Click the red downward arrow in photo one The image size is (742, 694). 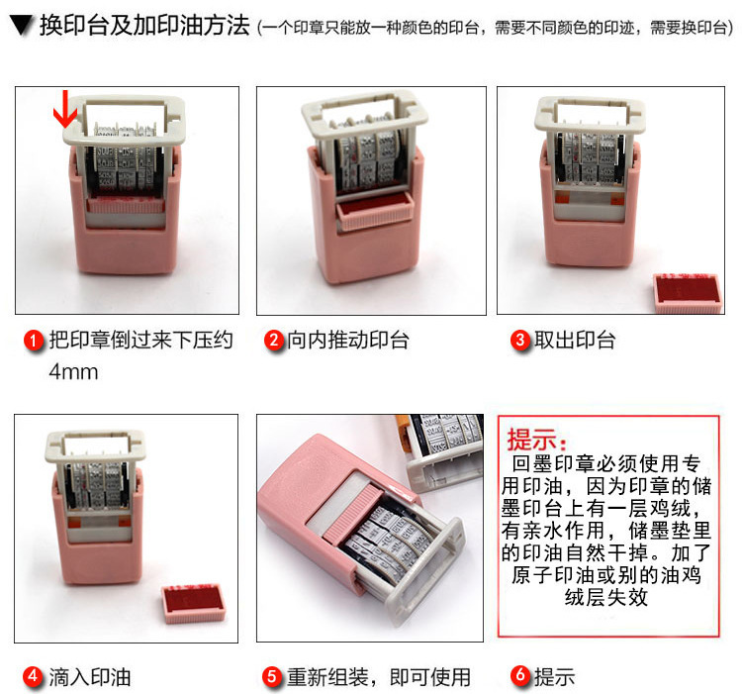pos(65,109)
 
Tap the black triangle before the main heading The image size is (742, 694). pos(22,26)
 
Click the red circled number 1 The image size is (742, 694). pos(34,341)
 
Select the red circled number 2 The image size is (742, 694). pos(273,341)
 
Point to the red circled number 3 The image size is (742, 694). pos(520,341)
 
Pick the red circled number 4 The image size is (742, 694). pos(33,676)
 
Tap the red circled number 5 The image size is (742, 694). pos(273,676)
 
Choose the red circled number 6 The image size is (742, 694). pos(520,676)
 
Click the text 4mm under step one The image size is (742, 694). pos(73,372)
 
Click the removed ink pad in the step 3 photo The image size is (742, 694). pos(688,293)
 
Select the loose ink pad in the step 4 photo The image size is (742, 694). pos(194,604)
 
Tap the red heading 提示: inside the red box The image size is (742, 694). pos(536,440)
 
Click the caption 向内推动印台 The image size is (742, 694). pos(348,341)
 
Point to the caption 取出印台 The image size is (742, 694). pos(575,341)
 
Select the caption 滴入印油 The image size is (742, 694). pos(90,677)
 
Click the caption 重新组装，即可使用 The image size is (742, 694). pos(379,677)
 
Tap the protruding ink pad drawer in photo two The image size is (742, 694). pos(374,210)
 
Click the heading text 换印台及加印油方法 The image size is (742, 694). pos(144,26)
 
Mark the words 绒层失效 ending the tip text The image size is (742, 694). pos(605,597)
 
